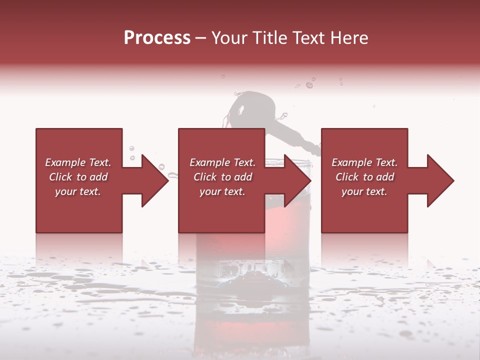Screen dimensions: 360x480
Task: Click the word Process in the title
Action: pyautogui.click(x=157, y=38)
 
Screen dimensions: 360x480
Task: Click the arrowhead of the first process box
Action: pyautogui.click(x=155, y=180)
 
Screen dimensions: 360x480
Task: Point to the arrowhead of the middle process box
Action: pyautogui.click(x=298, y=180)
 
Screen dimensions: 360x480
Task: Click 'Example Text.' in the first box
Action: pyautogui.click(x=78, y=162)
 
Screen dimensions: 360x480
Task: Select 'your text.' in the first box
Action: pyautogui.click(x=78, y=191)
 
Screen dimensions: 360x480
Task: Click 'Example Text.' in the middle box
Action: pyautogui.click(x=222, y=162)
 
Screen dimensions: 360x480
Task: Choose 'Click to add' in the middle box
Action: pyautogui.click(x=222, y=177)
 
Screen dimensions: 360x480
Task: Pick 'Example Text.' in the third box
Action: pyautogui.click(x=364, y=162)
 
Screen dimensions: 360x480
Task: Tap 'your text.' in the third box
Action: pyautogui.click(x=364, y=191)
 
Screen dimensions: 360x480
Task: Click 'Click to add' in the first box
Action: pyautogui.click(x=78, y=177)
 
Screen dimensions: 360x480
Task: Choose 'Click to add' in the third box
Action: pyautogui.click(x=364, y=177)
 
